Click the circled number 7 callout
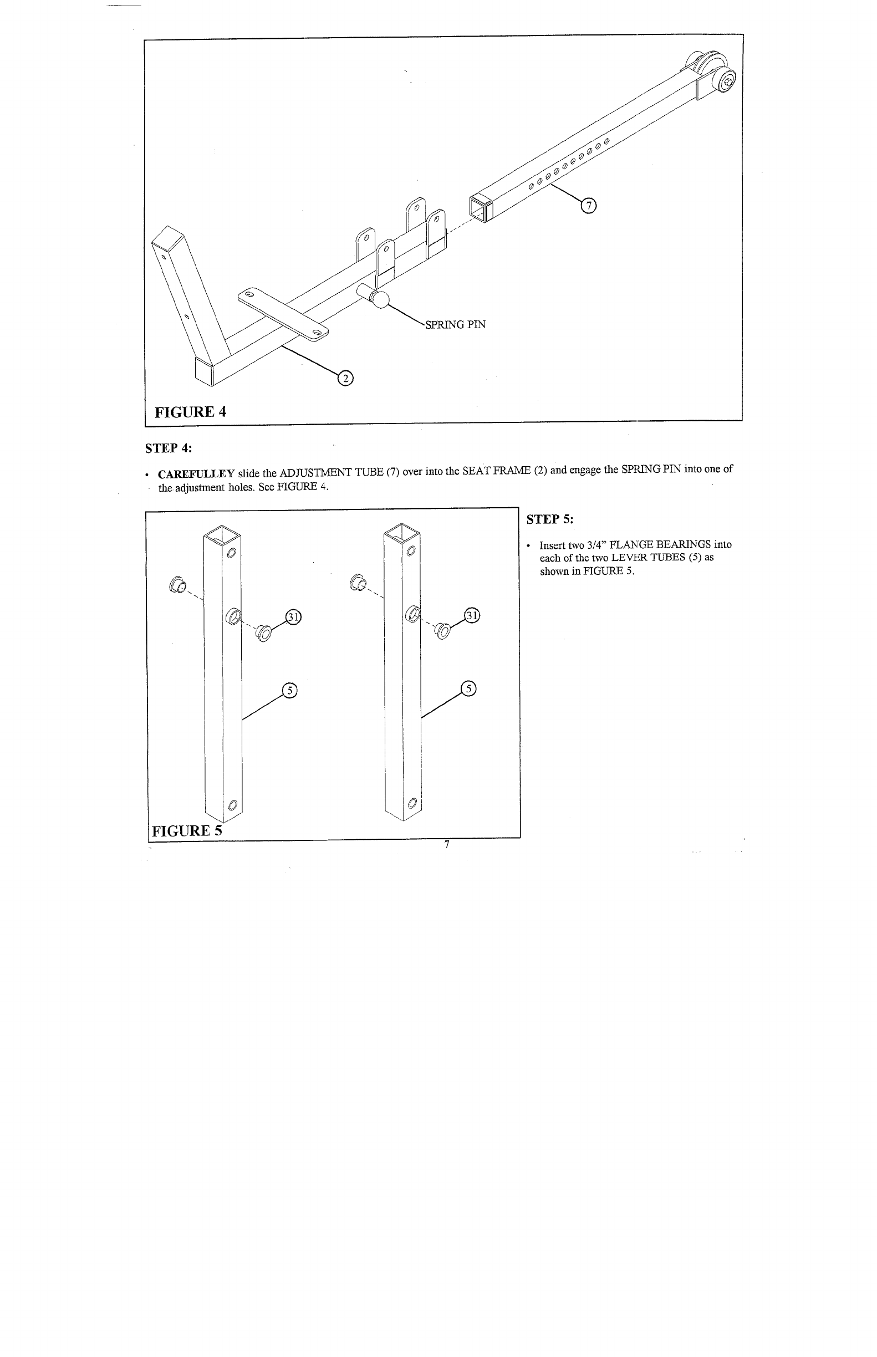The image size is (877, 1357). [587, 206]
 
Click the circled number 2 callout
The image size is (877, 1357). [345, 378]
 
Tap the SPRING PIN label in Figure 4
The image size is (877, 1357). [455, 325]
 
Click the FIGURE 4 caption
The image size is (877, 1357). [191, 412]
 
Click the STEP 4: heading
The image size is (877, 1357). [169, 448]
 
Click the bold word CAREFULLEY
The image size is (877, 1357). [196, 474]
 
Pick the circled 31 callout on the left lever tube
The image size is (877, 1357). [293, 617]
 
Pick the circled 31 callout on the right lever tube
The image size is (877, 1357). [473, 615]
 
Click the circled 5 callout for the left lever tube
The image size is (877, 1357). [290, 691]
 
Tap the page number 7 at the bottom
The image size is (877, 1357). [447, 844]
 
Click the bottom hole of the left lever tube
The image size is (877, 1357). [232, 805]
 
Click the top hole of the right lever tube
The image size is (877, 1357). [412, 551]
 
